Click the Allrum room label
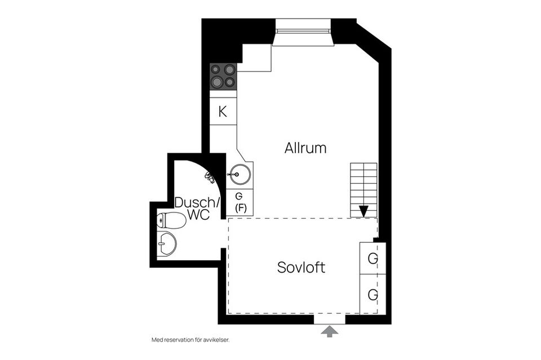click(x=305, y=148)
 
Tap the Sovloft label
click(x=301, y=267)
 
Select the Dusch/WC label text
click(x=197, y=208)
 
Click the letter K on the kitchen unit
click(x=223, y=112)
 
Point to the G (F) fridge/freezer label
click(x=240, y=202)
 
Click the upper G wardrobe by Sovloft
click(x=373, y=258)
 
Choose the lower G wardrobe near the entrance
click(x=373, y=294)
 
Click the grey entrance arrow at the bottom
click(x=330, y=331)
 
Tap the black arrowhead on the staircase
click(x=363, y=211)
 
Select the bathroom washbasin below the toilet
click(x=167, y=244)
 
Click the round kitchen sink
click(x=238, y=175)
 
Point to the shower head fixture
click(x=210, y=177)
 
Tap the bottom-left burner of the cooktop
click(x=217, y=82)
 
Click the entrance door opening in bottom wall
click(x=330, y=319)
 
